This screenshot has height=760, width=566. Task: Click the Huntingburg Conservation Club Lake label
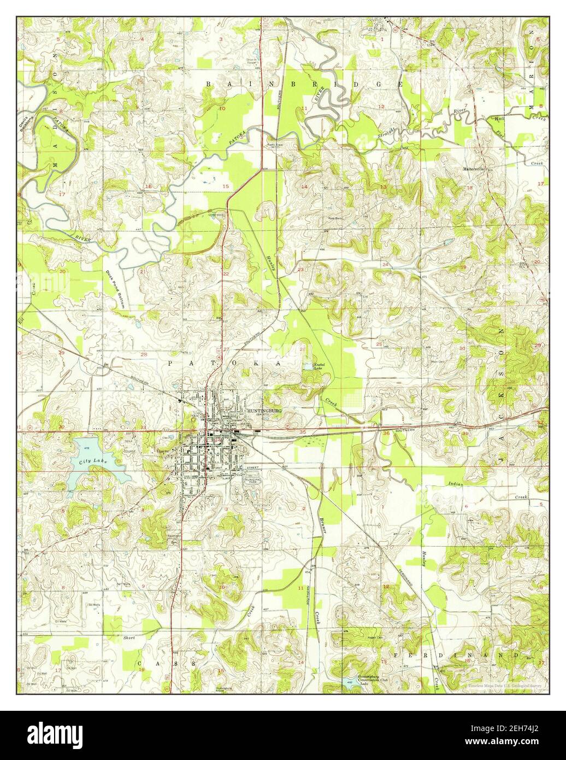[372, 680]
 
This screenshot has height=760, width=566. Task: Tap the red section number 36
[387, 434]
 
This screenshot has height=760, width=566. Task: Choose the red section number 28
[144, 355]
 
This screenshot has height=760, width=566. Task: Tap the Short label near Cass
[129, 638]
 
